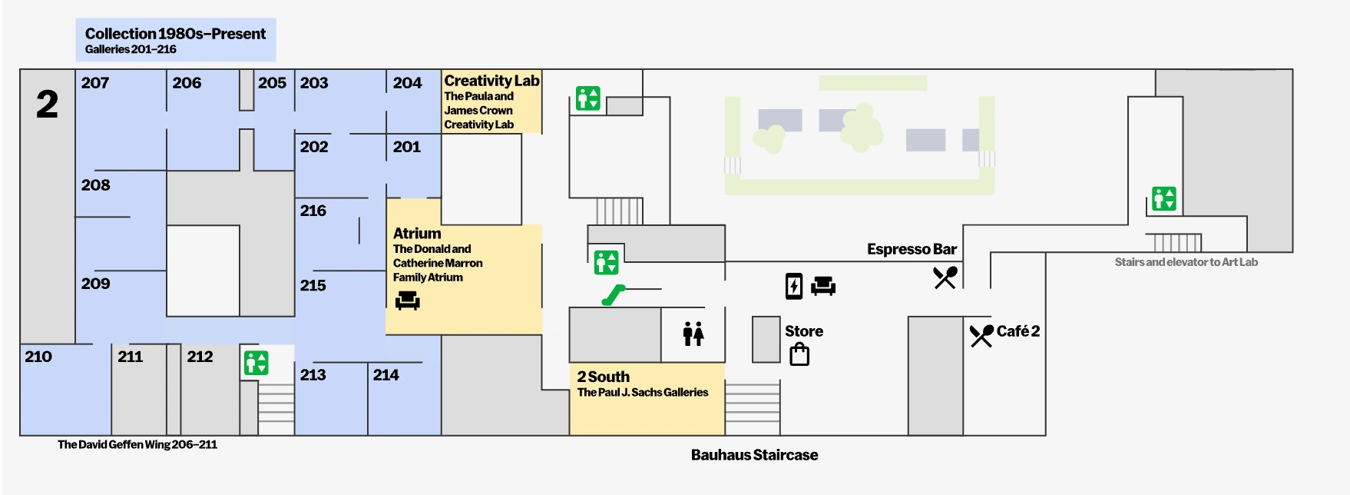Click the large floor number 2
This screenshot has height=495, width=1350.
[x=47, y=105]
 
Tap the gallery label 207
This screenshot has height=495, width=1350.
[x=95, y=83]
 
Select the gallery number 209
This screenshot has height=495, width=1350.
[x=96, y=284]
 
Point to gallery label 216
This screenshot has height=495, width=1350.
[x=313, y=211]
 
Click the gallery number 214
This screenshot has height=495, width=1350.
[x=386, y=375]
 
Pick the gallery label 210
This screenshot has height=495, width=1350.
[x=38, y=357]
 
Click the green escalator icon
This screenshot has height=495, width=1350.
[x=614, y=294]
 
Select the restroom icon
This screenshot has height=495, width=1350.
[x=693, y=334]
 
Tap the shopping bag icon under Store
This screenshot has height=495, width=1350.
[x=799, y=354]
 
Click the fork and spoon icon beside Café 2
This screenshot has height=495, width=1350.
[x=981, y=334]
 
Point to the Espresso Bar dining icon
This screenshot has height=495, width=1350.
[x=945, y=277]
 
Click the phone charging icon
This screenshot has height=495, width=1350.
[x=794, y=286]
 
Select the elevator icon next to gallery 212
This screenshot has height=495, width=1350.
[x=256, y=362]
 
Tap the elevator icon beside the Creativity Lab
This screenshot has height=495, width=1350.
[x=588, y=98]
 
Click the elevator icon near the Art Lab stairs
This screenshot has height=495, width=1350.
[x=1164, y=198]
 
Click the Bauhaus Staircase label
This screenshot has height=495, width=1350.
[x=754, y=455]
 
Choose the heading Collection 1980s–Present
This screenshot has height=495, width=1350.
[x=175, y=34]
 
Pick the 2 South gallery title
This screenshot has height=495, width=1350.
[x=604, y=377]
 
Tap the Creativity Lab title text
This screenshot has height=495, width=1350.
[x=491, y=81]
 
